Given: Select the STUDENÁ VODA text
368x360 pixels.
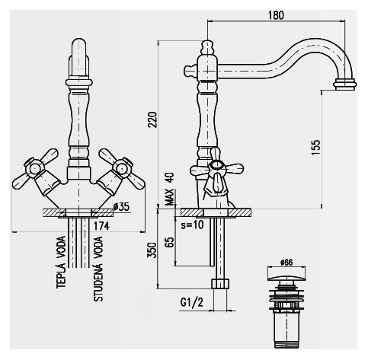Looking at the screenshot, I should [x=98, y=269].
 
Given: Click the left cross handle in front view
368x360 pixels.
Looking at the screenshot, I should [x=32, y=172].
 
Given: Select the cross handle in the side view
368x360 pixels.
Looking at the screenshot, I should [x=216, y=170].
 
